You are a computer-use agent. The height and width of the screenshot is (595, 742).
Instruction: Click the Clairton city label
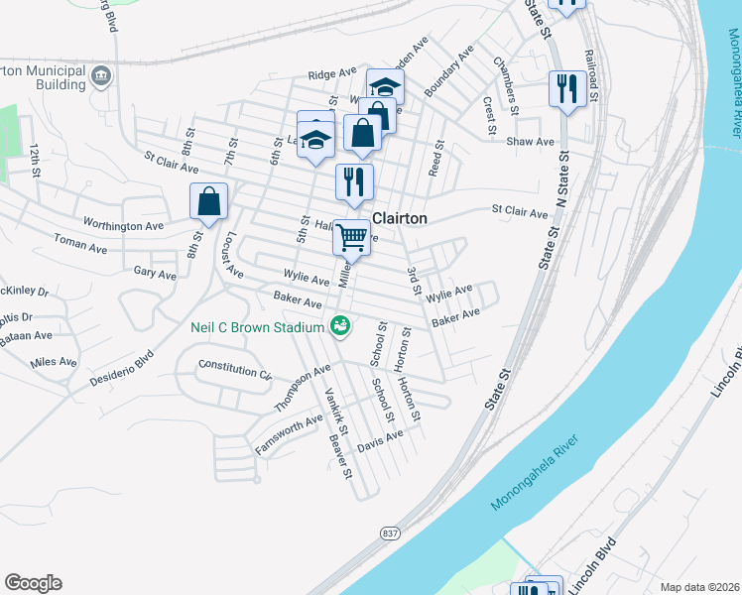pos(400,218)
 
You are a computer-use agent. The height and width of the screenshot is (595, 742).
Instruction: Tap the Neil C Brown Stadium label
pos(258,327)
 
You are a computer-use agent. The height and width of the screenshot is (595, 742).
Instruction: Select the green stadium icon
pos(340,325)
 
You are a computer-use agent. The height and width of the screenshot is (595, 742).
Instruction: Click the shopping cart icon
pos(351,237)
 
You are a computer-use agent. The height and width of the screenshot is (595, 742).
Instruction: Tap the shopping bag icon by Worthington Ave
pos(209,201)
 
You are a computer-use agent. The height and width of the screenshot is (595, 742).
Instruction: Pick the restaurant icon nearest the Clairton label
pos(354,182)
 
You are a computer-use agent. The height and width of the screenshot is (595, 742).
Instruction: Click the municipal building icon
pos(101,76)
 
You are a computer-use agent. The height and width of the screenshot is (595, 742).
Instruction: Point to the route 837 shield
pos(388,533)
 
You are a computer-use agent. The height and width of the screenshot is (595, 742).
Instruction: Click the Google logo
pos(33,583)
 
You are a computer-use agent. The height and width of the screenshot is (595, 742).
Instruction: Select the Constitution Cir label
pos(235,369)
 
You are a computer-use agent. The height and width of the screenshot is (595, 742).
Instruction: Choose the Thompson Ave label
pos(303,388)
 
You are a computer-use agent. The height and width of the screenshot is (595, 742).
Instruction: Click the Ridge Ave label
pos(331,74)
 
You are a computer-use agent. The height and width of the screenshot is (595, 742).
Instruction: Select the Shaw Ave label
pos(531,142)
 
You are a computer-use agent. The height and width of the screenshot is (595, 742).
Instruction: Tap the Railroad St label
pos(591,76)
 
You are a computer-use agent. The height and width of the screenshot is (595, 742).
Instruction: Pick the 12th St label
pos(35,160)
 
